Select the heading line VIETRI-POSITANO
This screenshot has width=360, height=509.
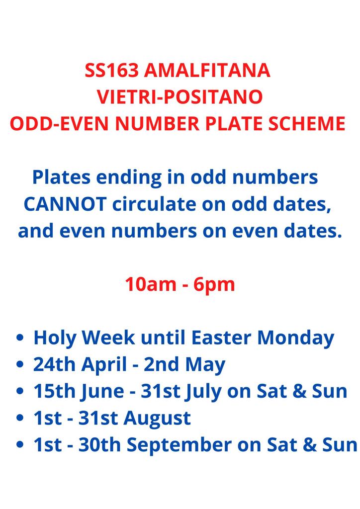pos(180,97)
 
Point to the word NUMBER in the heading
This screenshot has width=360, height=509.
pos(158,123)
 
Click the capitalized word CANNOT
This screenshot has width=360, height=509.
pos(65,204)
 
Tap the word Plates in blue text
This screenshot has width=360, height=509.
pos(61,177)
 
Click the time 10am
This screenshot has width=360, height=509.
pos(151,284)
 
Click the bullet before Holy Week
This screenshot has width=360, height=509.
pos(20,338)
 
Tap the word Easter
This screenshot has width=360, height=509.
pos(221,338)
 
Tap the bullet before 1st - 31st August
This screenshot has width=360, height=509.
pos(20,418)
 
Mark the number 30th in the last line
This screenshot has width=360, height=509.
pos(99,444)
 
